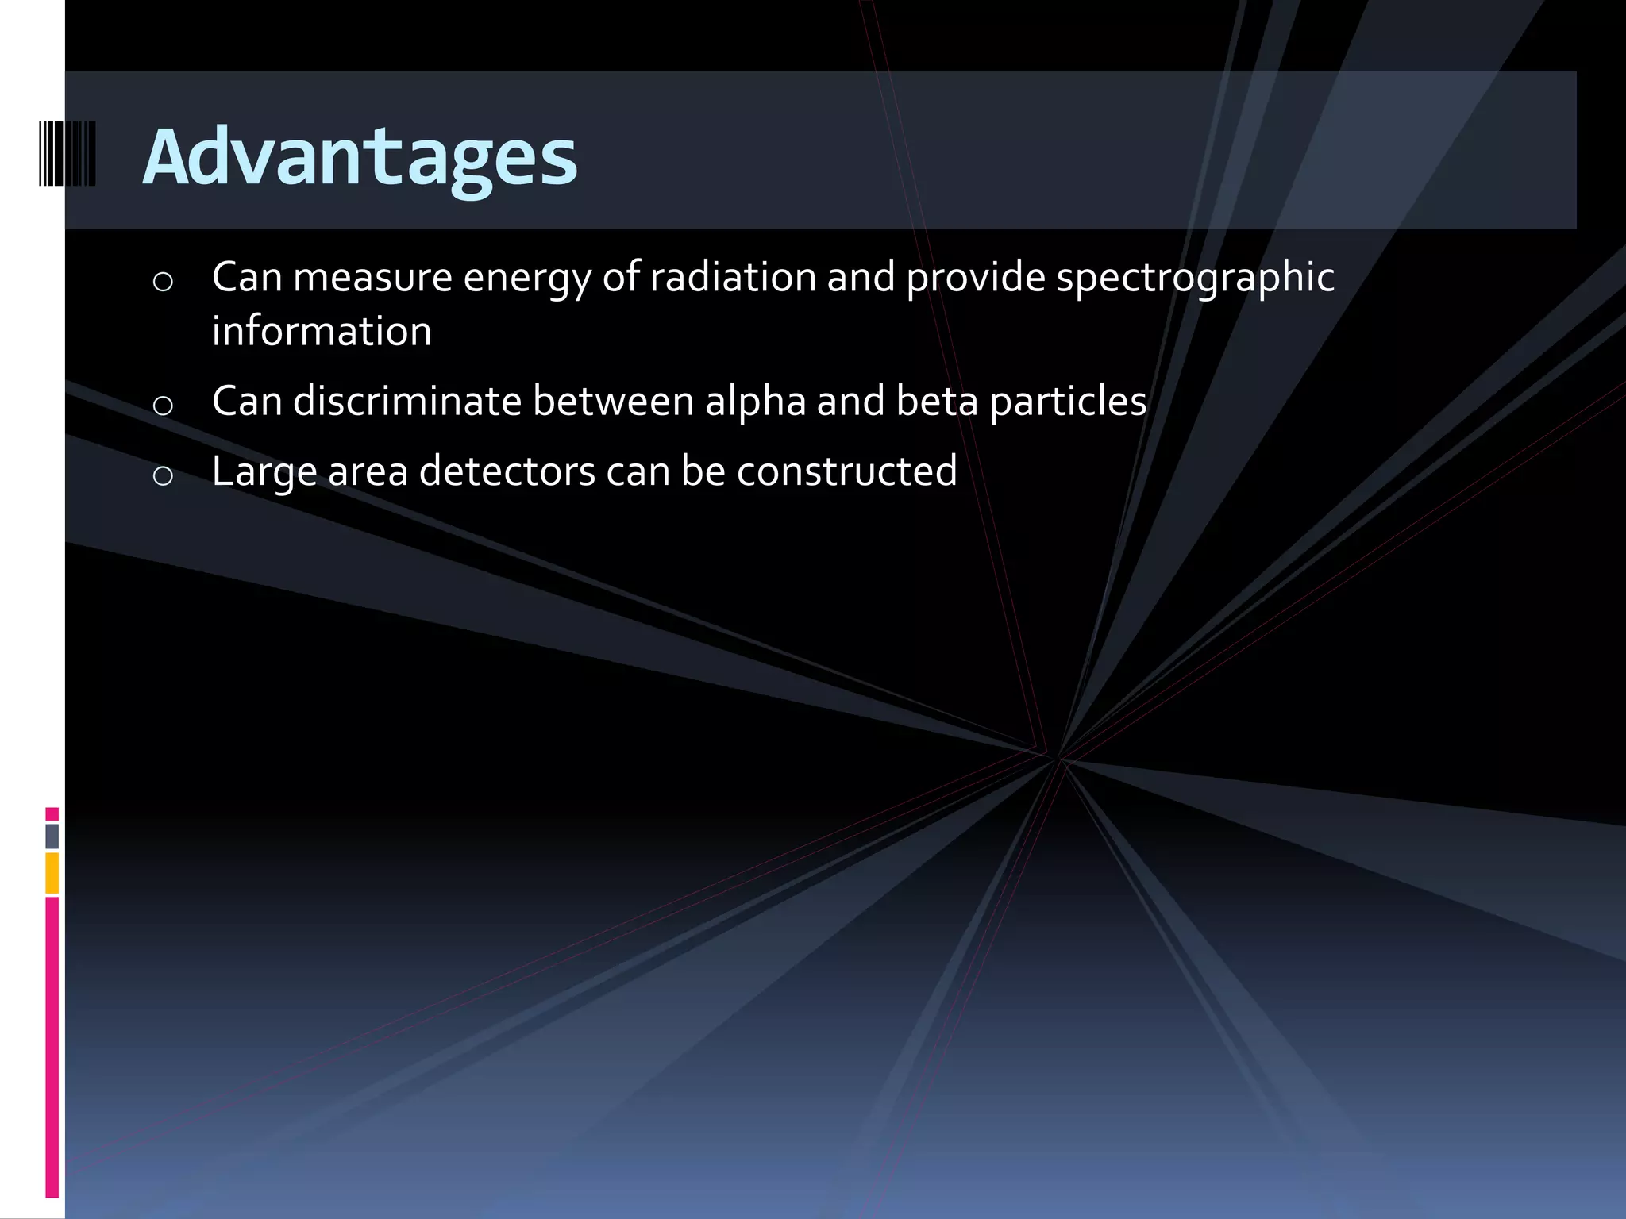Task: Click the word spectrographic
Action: (1195, 278)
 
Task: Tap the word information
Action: (322, 332)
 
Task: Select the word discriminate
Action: (406, 401)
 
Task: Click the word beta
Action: (936, 401)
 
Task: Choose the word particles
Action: (1068, 401)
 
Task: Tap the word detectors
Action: (507, 471)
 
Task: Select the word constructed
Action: (846, 471)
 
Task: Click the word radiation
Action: (732, 278)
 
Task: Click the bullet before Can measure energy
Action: (163, 282)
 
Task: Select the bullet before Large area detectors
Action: (163, 476)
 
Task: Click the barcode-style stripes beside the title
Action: (67, 153)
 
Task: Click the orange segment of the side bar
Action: (52, 873)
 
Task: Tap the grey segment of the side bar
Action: (52, 836)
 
